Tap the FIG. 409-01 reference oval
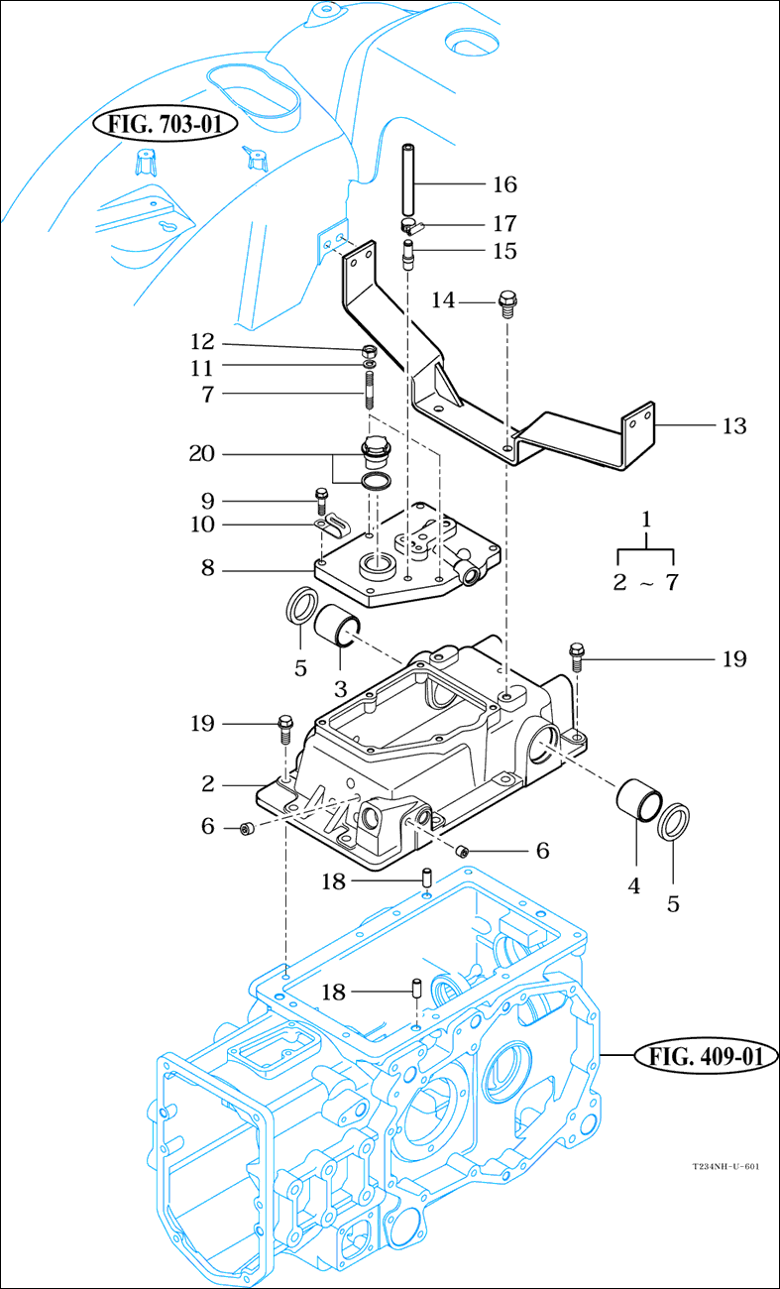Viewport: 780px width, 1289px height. (x=706, y=1057)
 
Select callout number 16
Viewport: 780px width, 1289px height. (x=504, y=184)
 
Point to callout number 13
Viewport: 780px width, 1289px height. (x=733, y=426)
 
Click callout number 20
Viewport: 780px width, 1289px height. (x=203, y=454)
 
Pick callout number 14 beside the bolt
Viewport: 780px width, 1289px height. (x=443, y=299)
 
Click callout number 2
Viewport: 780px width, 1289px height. (x=207, y=784)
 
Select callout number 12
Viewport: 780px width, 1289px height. (x=202, y=342)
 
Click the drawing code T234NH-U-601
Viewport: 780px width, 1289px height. (x=725, y=1167)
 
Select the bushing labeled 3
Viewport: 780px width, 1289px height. (x=338, y=629)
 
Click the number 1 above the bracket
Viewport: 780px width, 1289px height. (x=646, y=519)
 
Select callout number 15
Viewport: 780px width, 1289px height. (x=504, y=251)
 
